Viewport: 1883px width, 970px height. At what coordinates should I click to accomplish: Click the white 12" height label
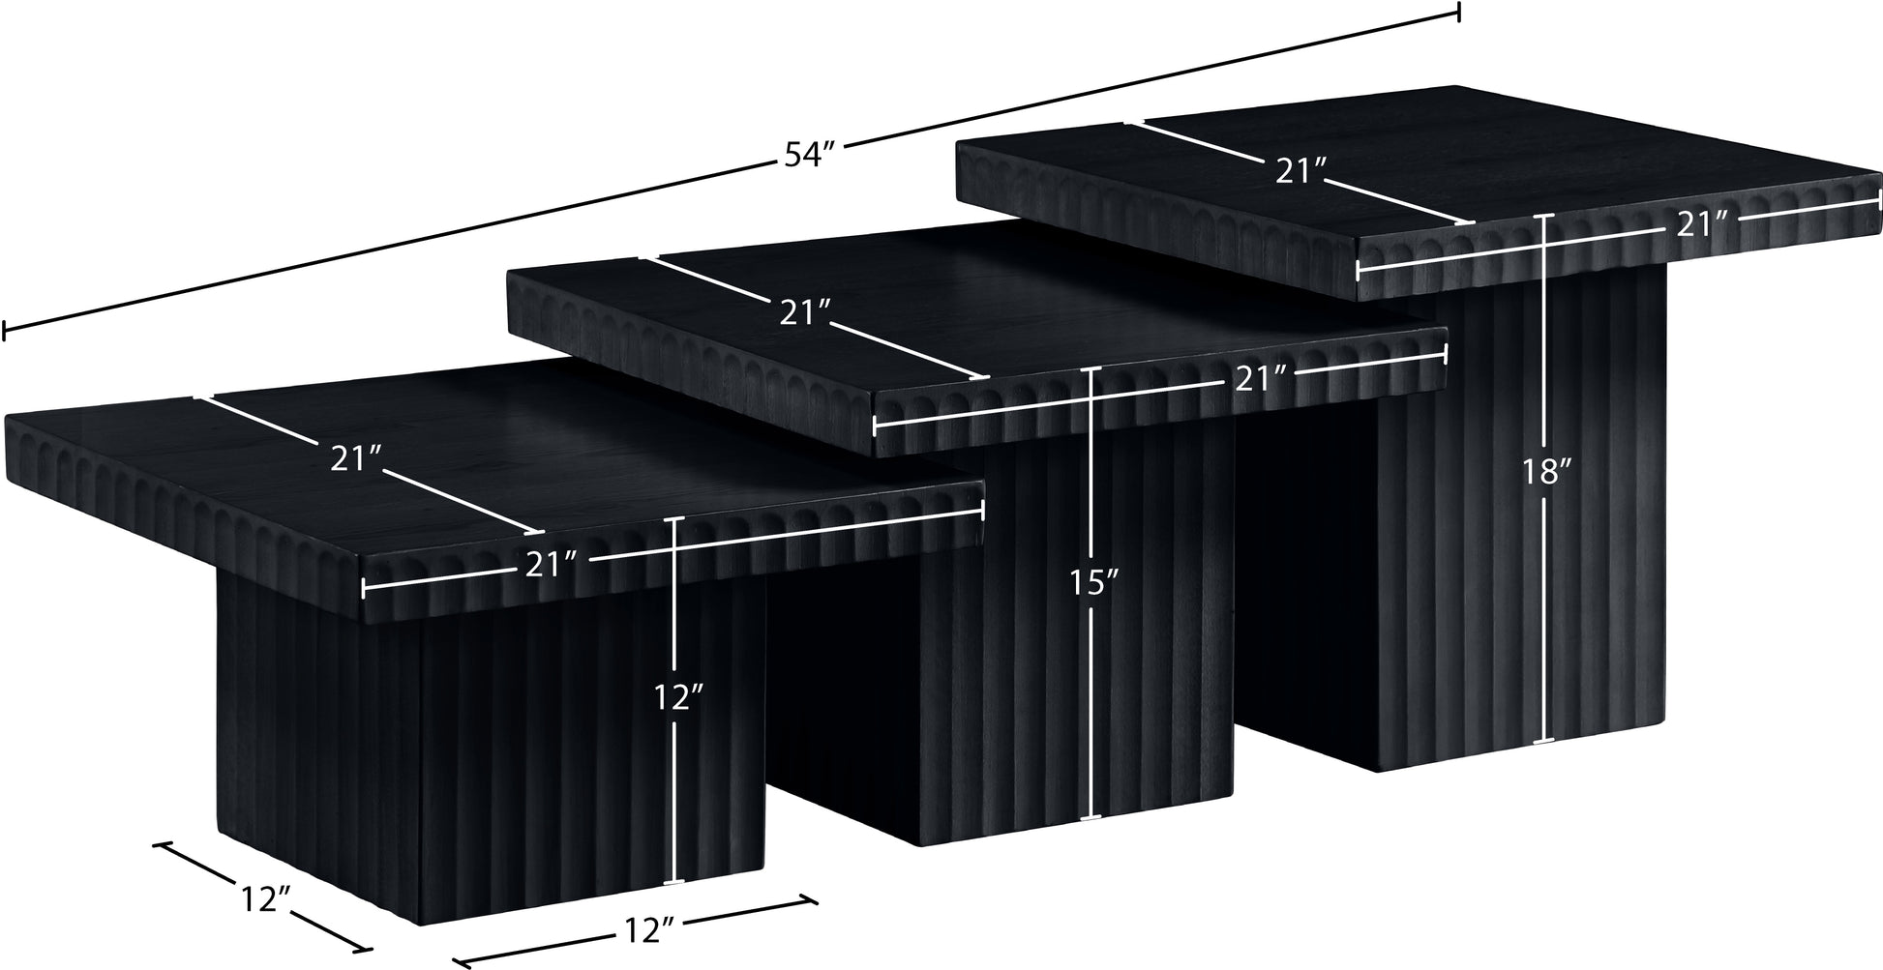(x=676, y=696)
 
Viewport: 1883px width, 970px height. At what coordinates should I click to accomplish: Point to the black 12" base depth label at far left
(x=264, y=899)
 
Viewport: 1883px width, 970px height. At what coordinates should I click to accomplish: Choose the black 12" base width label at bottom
(x=649, y=931)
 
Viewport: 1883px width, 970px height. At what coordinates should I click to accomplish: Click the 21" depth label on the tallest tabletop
(x=1300, y=172)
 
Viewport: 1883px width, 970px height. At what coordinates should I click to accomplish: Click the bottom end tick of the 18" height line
(x=1544, y=742)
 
